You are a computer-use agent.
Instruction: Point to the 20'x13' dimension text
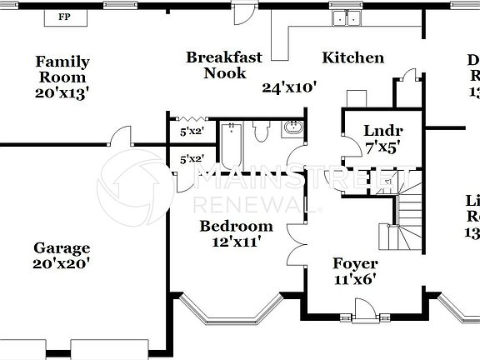tap(62, 92)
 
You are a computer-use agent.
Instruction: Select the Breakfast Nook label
tap(223, 65)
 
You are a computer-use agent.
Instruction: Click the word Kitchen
tap(353, 57)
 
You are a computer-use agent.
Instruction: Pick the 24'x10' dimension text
tap(289, 87)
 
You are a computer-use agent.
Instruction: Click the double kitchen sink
tap(346, 18)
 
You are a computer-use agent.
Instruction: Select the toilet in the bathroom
tap(261, 132)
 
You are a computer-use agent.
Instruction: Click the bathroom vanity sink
tap(293, 128)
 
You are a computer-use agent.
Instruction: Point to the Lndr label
tap(383, 131)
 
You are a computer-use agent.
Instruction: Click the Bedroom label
tap(236, 227)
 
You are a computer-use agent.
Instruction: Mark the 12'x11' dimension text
tap(236, 242)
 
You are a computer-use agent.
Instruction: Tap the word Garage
tap(62, 247)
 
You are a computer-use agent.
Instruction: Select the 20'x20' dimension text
tap(62, 263)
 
